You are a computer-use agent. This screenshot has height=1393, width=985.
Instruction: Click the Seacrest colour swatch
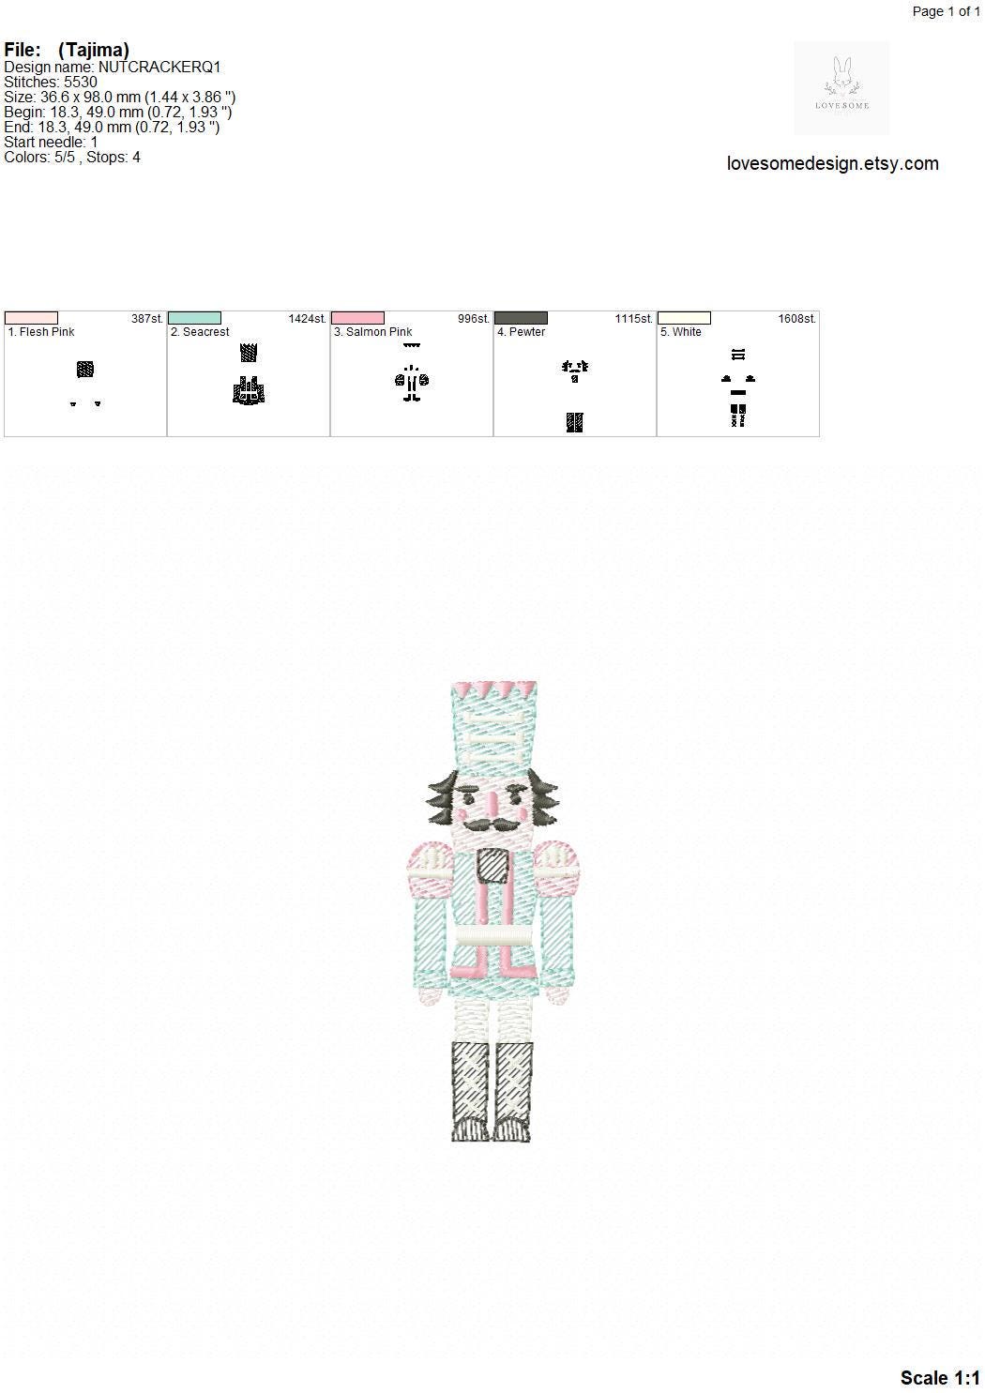point(194,318)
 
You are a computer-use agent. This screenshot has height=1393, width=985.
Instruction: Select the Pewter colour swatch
point(521,318)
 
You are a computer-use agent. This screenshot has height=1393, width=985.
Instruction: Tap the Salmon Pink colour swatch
point(357,318)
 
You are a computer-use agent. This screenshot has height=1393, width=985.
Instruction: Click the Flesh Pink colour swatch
point(31,318)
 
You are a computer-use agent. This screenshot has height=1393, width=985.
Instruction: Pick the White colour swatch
point(684,318)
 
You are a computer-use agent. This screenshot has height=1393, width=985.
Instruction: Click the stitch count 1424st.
point(307,318)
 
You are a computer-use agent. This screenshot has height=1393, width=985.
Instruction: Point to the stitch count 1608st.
point(796,318)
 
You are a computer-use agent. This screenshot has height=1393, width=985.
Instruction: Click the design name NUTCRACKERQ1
point(159,68)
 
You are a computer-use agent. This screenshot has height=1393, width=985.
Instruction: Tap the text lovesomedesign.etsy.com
point(833,163)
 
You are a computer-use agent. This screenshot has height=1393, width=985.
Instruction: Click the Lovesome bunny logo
point(841,87)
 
